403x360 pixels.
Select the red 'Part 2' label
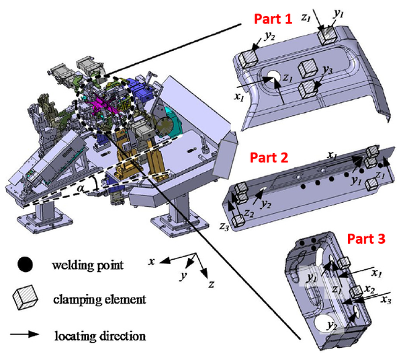(x=269, y=159)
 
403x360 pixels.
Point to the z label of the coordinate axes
(x=212, y=284)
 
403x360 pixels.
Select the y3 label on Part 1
(x=328, y=70)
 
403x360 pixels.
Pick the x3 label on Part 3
(x=386, y=299)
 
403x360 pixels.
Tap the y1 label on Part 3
(x=312, y=276)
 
